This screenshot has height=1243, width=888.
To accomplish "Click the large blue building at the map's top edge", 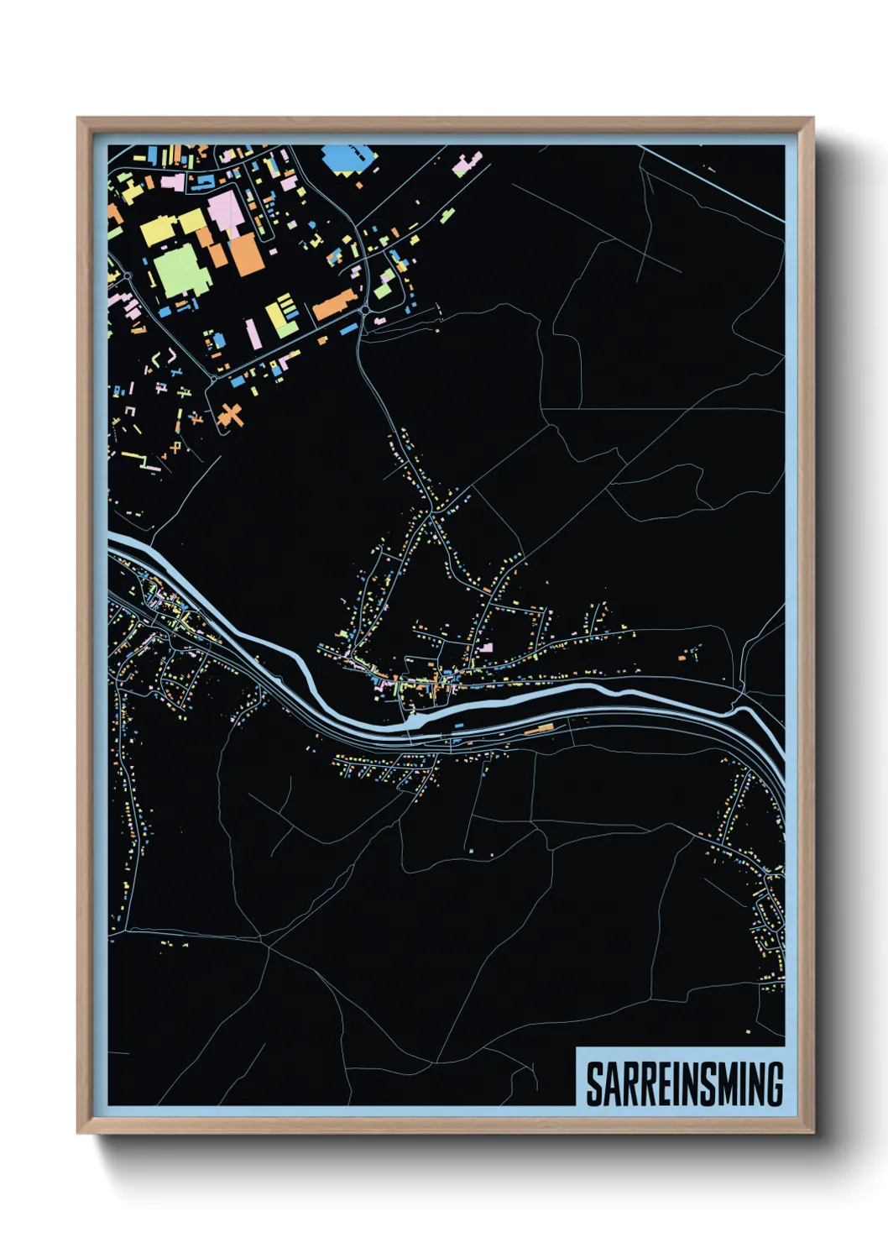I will (x=344, y=157).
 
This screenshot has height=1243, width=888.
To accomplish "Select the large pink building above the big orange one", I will (x=225, y=210).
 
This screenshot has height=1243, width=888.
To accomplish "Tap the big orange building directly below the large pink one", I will (x=247, y=254).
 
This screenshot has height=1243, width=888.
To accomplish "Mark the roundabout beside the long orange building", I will (x=366, y=311).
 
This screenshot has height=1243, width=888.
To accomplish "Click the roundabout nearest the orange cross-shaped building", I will (x=213, y=379).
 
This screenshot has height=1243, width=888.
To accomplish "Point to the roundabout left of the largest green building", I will (x=127, y=275).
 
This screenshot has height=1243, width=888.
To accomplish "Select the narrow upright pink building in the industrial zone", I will (x=253, y=333).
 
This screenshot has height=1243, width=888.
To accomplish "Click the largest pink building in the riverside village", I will (x=485, y=648).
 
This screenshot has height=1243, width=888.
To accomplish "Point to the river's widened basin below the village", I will (x=416, y=718).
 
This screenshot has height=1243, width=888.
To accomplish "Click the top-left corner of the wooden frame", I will (x=78, y=118).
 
